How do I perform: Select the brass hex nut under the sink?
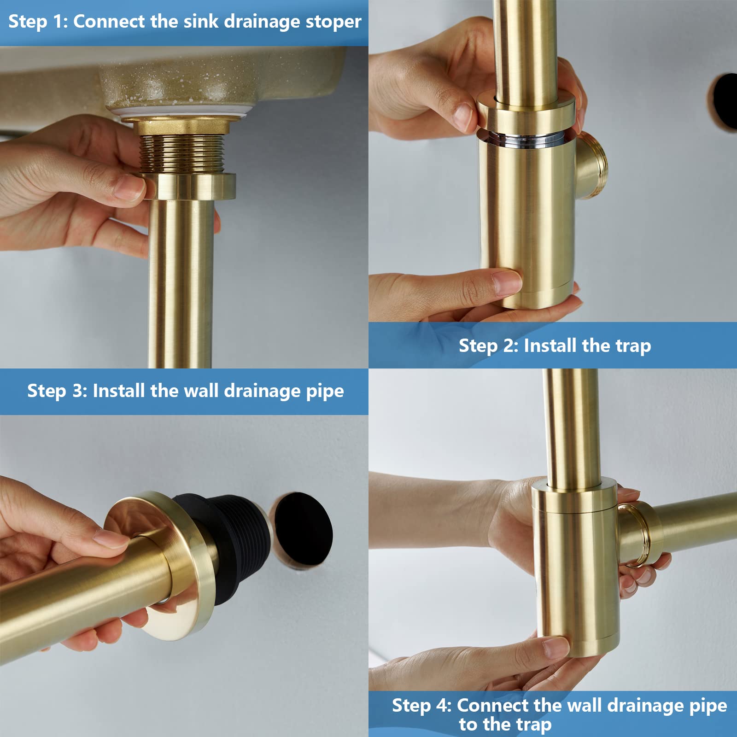pyautogui.click(x=181, y=125)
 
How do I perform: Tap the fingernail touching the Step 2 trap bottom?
pyautogui.click(x=507, y=279)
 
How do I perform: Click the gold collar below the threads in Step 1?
pyautogui.click(x=189, y=186)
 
